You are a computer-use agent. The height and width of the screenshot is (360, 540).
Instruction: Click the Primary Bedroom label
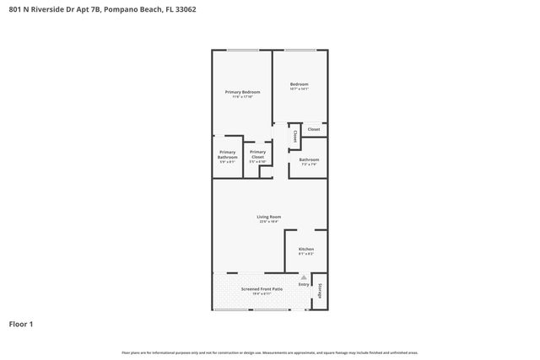click(x=242, y=91)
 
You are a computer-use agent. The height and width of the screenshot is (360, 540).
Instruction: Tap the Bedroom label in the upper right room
click(x=300, y=83)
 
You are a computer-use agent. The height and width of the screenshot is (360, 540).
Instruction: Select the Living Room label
click(x=269, y=217)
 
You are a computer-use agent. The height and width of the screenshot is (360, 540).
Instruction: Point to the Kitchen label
click(x=305, y=249)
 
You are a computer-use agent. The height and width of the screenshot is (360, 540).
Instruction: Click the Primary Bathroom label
click(x=228, y=154)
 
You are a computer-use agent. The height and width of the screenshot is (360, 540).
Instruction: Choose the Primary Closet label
click(x=257, y=154)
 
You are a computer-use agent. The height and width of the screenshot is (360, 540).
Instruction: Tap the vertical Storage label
click(x=321, y=291)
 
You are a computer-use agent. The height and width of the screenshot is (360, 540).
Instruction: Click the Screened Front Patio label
click(x=262, y=288)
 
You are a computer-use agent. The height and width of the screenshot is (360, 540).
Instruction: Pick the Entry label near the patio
click(x=304, y=284)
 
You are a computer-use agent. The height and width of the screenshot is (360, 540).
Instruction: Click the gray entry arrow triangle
click(x=304, y=277)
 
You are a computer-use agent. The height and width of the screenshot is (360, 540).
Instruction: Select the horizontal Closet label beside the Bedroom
click(x=313, y=129)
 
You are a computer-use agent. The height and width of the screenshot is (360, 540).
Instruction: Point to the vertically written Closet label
click(x=294, y=135)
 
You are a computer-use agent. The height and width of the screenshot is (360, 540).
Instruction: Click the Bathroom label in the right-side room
click(x=309, y=159)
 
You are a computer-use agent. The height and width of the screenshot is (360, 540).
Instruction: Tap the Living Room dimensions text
click(x=269, y=222)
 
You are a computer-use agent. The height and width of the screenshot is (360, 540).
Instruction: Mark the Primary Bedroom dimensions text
click(x=242, y=97)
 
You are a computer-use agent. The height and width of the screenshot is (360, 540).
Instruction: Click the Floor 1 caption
click(x=21, y=323)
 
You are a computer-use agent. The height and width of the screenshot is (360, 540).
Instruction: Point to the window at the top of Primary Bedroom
click(x=242, y=51)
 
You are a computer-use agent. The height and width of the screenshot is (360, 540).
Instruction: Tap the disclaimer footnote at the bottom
click(x=269, y=352)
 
